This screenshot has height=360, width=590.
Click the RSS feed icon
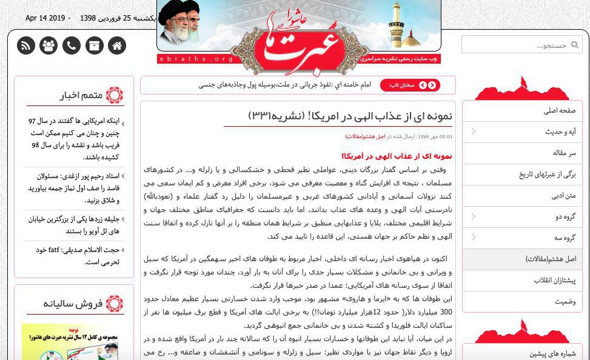tap(26, 45)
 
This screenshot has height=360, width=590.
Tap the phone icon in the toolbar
tap(72, 45)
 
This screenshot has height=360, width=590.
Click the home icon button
tap(117, 45)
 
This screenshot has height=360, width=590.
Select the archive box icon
tap(94, 45)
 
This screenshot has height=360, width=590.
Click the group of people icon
tap(49, 45)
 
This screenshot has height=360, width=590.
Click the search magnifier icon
tap(575, 45)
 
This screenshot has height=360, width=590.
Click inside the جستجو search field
tap(515, 45)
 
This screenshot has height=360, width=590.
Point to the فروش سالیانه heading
tap(73, 304)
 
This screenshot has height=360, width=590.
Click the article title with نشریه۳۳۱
tap(350, 116)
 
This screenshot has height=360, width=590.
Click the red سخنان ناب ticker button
tap(410, 85)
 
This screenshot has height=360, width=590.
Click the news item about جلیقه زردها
tap(73, 225)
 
